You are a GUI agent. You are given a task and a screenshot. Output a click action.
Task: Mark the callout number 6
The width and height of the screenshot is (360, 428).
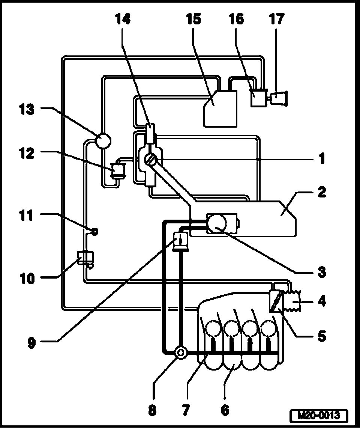(x=225, y=410)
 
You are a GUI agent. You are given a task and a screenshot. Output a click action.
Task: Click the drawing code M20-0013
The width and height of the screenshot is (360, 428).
(x=319, y=416)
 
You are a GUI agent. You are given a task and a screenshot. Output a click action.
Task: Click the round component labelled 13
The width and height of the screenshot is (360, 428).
(x=102, y=140)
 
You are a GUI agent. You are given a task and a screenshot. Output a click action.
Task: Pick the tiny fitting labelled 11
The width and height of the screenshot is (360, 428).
(x=94, y=232)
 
